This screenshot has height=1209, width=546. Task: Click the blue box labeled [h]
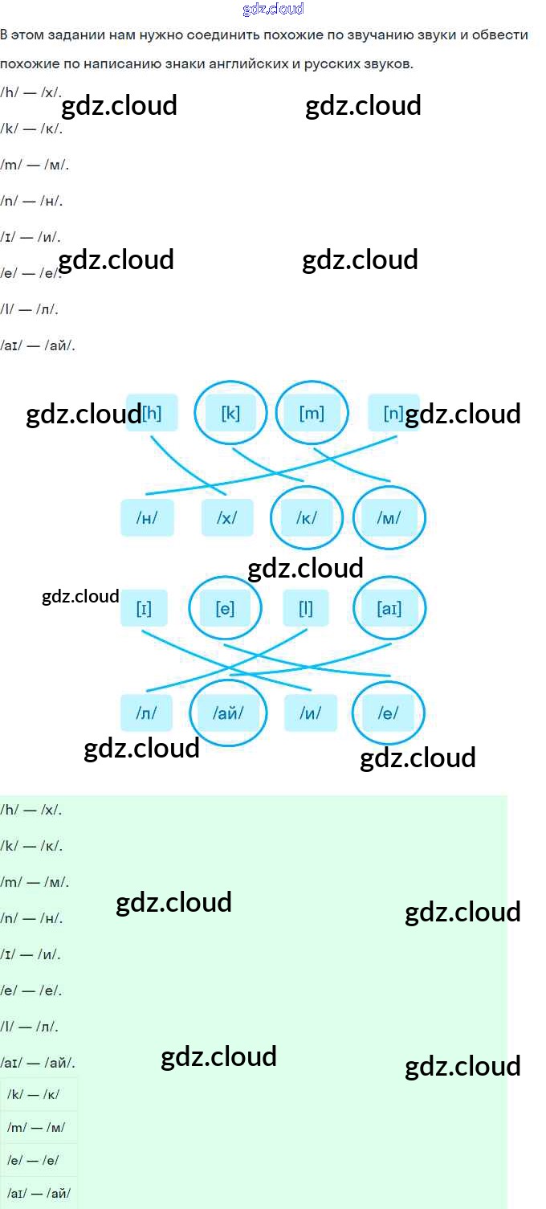pyautogui.click(x=152, y=413)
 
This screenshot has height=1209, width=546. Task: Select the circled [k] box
pyautogui.click(x=230, y=413)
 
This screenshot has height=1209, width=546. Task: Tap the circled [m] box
pyautogui.click(x=312, y=413)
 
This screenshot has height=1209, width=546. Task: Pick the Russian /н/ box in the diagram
pyautogui.click(x=147, y=518)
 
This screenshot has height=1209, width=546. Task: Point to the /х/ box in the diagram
pyautogui.click(x=227, y=518)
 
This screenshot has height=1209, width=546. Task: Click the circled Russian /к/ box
pyautogui.click(x=307, y=518)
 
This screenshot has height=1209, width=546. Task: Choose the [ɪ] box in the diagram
pyautogui.click(x=144, y=608)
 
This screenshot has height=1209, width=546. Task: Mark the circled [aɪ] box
pyautogui.click(x=389, y=608)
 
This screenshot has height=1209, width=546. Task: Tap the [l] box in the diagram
pyautogui.click(x=306, y=608)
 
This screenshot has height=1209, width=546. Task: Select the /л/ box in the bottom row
pyautogui.click(x=147, y=713)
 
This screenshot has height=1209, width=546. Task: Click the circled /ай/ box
pyautogui.click(x=228, y=713)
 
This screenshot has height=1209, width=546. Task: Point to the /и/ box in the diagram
pyautogui.click(x=311, y=713)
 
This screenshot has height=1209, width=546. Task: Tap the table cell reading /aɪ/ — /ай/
pyautogui.click(x=39, y=1193)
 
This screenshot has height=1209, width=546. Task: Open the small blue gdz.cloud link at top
pyautogui.click(x=273, y=10)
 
